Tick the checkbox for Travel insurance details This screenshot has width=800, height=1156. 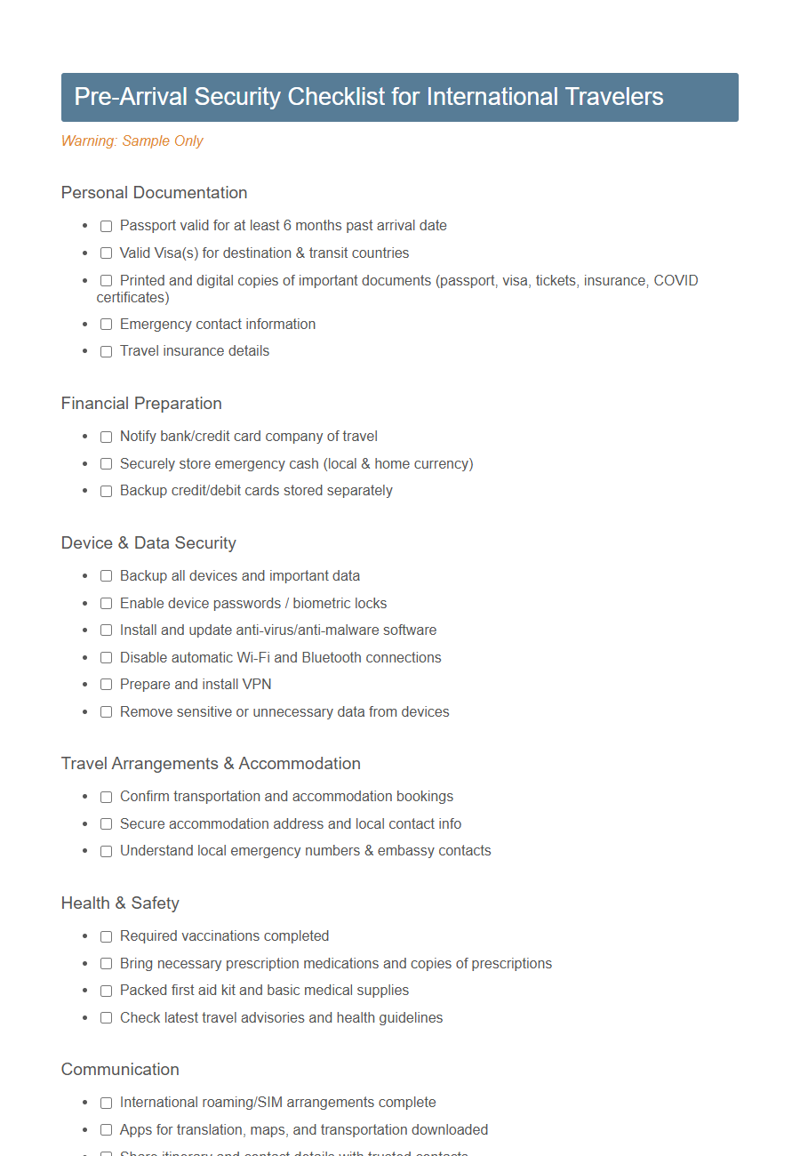point(106,351)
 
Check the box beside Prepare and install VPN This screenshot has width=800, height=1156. point(106,685)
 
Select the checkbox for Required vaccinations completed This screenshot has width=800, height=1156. point(106,936)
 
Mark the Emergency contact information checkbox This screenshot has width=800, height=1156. point(106,325)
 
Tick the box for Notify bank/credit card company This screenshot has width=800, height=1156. point(106,437)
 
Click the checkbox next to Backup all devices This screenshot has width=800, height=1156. point(106,576)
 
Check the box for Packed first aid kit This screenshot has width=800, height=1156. point(106,991)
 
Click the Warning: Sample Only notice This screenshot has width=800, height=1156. point(132,140)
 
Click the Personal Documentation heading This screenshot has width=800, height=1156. point(154,192)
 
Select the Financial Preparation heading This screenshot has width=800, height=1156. point(141,403)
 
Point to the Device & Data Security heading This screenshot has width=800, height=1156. point(148,542)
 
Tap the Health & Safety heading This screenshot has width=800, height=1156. point(120,903)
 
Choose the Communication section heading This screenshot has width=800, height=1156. point(120,1069)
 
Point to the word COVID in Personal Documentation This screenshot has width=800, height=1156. point(676,280)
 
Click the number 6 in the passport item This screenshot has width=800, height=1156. point(287,225)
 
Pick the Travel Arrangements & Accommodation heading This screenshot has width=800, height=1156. point(211,763)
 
